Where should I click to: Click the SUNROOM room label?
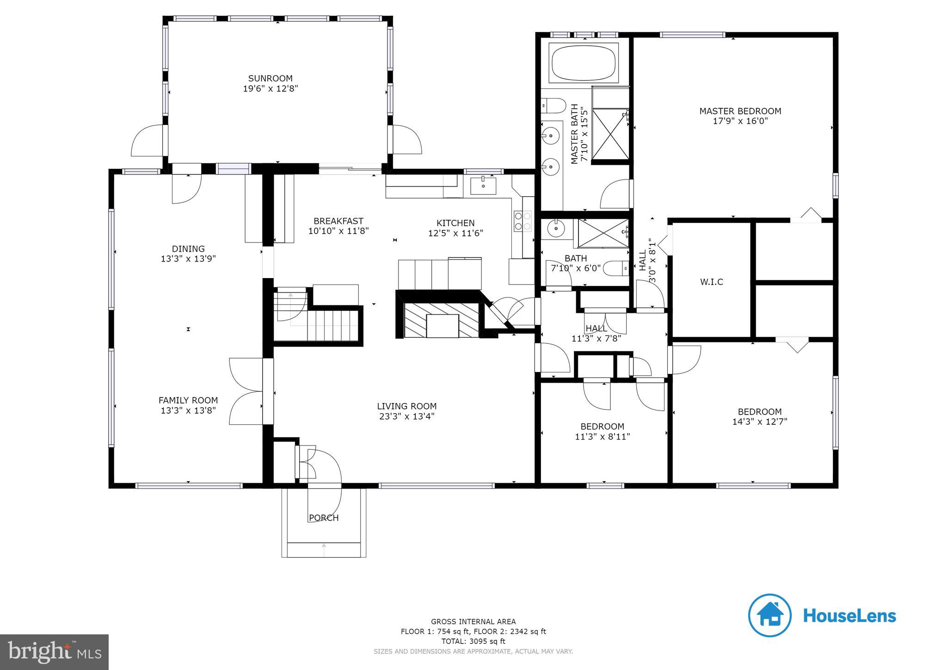271,78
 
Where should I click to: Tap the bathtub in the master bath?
584,63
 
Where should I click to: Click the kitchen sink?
483,186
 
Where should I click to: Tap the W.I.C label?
711,282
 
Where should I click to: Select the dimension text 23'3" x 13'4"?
406,416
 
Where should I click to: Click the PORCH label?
324,518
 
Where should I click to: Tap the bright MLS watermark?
54,652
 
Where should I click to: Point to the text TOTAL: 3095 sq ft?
473,641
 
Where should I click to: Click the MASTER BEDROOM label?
740,111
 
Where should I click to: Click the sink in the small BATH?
554,228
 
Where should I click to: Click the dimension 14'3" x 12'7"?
759,422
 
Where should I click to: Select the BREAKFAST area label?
338,221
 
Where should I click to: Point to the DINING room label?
188,249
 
